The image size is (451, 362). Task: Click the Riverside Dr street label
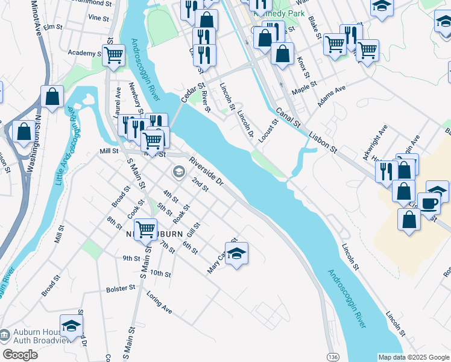click(206, 172)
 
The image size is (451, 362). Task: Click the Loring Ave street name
click(159, 303)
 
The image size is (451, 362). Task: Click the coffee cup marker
click(430, 203)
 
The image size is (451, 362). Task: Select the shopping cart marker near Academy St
click(113, 56)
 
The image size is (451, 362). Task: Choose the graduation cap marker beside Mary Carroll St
click(237, 253)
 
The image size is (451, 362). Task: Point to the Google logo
click(20, 354)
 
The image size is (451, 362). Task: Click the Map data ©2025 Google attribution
click(413, 357)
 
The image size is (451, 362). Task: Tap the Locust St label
click(269, 131)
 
